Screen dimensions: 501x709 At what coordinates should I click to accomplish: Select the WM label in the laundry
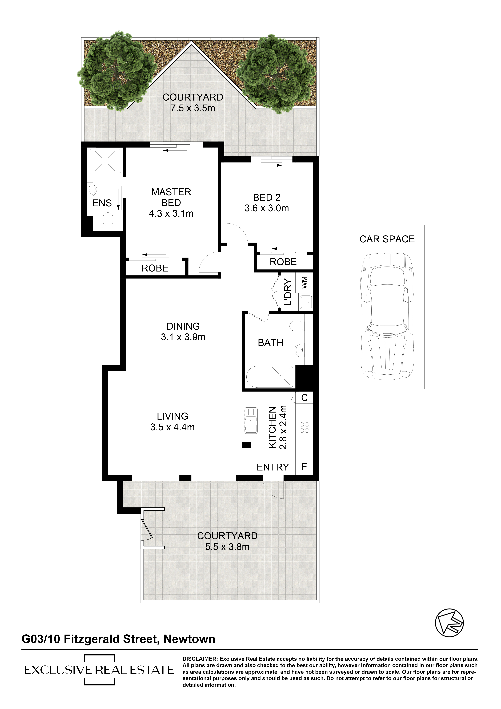point(304,283)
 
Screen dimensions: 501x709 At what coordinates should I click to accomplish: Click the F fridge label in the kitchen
point(304,466)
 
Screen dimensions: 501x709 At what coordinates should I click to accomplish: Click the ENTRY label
point(273,467)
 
